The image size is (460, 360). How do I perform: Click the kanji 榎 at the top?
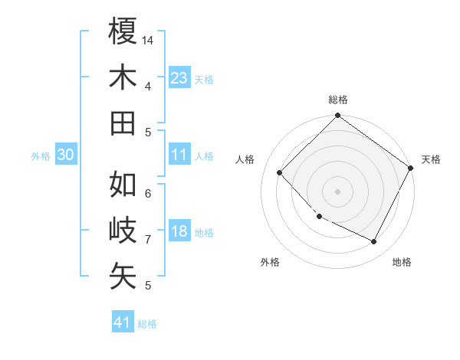[x=123, y=31]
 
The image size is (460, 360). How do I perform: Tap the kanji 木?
[x=123, y=77]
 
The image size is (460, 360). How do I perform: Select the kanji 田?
[x=123, y=123]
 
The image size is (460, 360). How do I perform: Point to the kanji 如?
[x=123, y=185]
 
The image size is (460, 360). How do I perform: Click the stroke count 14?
[x=149, y=40]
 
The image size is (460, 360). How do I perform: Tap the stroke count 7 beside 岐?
[x=148, y=240]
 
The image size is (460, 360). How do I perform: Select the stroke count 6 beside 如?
[x=148, y=193]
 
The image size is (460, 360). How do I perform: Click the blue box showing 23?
[x=179, y=78]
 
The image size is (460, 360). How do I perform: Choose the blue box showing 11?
[x=179, y=155]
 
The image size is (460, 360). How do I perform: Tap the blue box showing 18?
[x=179, y=232]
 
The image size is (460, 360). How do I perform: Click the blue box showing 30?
[x=65, y=155]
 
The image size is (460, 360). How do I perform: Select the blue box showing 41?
[x=123, y=322]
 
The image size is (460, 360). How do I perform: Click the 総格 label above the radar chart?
[x=338, y=100]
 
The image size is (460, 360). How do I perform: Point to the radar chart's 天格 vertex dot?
[x=411, y=169]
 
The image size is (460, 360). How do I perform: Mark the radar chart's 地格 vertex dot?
[x=374, y=242]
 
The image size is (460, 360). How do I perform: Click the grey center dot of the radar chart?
[x=337, y=191]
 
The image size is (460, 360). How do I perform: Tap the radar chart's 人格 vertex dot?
[x=280, y=172]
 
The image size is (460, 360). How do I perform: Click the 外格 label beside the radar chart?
[x=270, y=262]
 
